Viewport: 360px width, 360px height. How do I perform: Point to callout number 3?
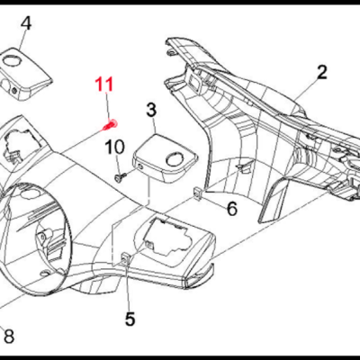coord(151,111)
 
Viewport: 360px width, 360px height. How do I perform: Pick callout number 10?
coord(115,147)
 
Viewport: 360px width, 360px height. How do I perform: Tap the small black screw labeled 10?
coord(118,178)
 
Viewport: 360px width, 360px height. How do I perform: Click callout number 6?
coord(231,210)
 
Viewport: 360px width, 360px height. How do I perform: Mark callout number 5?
coord(130,318)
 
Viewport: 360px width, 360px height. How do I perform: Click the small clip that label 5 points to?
coord(125,260)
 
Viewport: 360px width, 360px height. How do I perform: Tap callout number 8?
coord(9,337)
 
